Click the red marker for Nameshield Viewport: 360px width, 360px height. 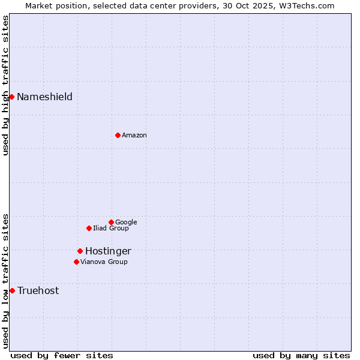point(11,97)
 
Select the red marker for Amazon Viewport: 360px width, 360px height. point(118,135)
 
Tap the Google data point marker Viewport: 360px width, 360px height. point(111,222)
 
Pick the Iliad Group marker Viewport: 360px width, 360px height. point(89,228)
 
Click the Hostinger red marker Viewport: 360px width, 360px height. point(80,251)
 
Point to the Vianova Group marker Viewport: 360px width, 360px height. point(76,262)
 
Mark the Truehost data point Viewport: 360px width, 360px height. point(12,290)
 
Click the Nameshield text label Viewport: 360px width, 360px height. point(44,97)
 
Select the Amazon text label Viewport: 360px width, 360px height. point(134,136)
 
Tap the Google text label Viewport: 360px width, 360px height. point(126,222)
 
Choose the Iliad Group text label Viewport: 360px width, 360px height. point(110,228)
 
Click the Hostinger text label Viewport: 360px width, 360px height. point(108,251)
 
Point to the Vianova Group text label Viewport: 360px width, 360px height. point(104,262)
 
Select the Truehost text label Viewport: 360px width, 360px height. point(38,290)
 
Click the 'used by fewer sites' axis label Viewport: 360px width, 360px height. point(62,355)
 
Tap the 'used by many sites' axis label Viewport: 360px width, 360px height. point(301,355)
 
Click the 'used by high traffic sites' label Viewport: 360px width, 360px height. point(5,85)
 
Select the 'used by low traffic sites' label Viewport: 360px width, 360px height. point(5,281)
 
